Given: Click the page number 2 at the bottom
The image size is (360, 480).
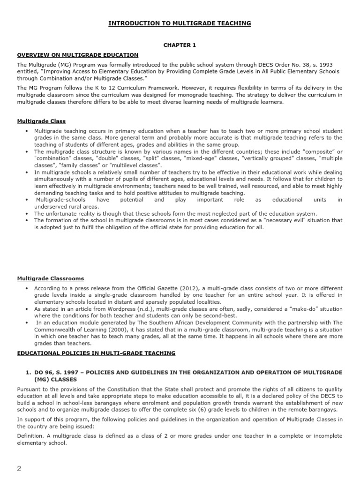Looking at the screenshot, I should [x=19, y=469].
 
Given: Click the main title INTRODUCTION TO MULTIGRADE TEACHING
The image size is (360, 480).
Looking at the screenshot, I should [x=180, y=23].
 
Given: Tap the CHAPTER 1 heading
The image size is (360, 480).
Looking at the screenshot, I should [x=180, y=45].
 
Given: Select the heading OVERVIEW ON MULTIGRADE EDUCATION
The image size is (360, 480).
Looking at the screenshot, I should [x=78, y=55].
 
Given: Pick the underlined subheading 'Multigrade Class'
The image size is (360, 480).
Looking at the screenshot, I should [x=41, y=121].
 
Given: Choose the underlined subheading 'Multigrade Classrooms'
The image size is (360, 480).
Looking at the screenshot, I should [x=51, y=278].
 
